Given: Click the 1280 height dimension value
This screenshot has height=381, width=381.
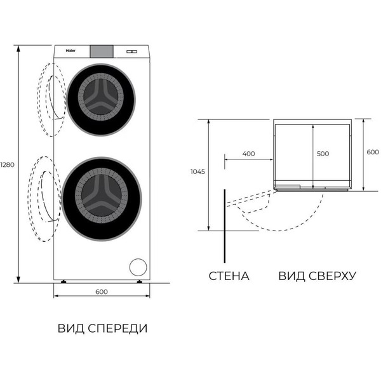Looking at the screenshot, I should [8, 164].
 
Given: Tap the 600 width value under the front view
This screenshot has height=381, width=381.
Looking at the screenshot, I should [102, 291].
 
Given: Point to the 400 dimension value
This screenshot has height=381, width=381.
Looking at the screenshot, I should [248, 154].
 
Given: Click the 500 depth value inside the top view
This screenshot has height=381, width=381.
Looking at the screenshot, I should [323, 154].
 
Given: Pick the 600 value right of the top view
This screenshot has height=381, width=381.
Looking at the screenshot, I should [372, 152].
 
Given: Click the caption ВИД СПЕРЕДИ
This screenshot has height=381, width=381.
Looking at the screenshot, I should [102, 328].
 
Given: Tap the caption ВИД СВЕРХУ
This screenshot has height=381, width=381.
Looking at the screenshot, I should [317, 276].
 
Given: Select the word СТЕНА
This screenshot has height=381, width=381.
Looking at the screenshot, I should [229, 276].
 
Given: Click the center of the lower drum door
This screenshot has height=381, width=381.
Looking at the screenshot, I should [102, 190].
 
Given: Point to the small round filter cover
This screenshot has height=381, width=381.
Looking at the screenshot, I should [137, 266].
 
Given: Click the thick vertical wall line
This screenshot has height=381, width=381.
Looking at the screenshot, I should [224, 225].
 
